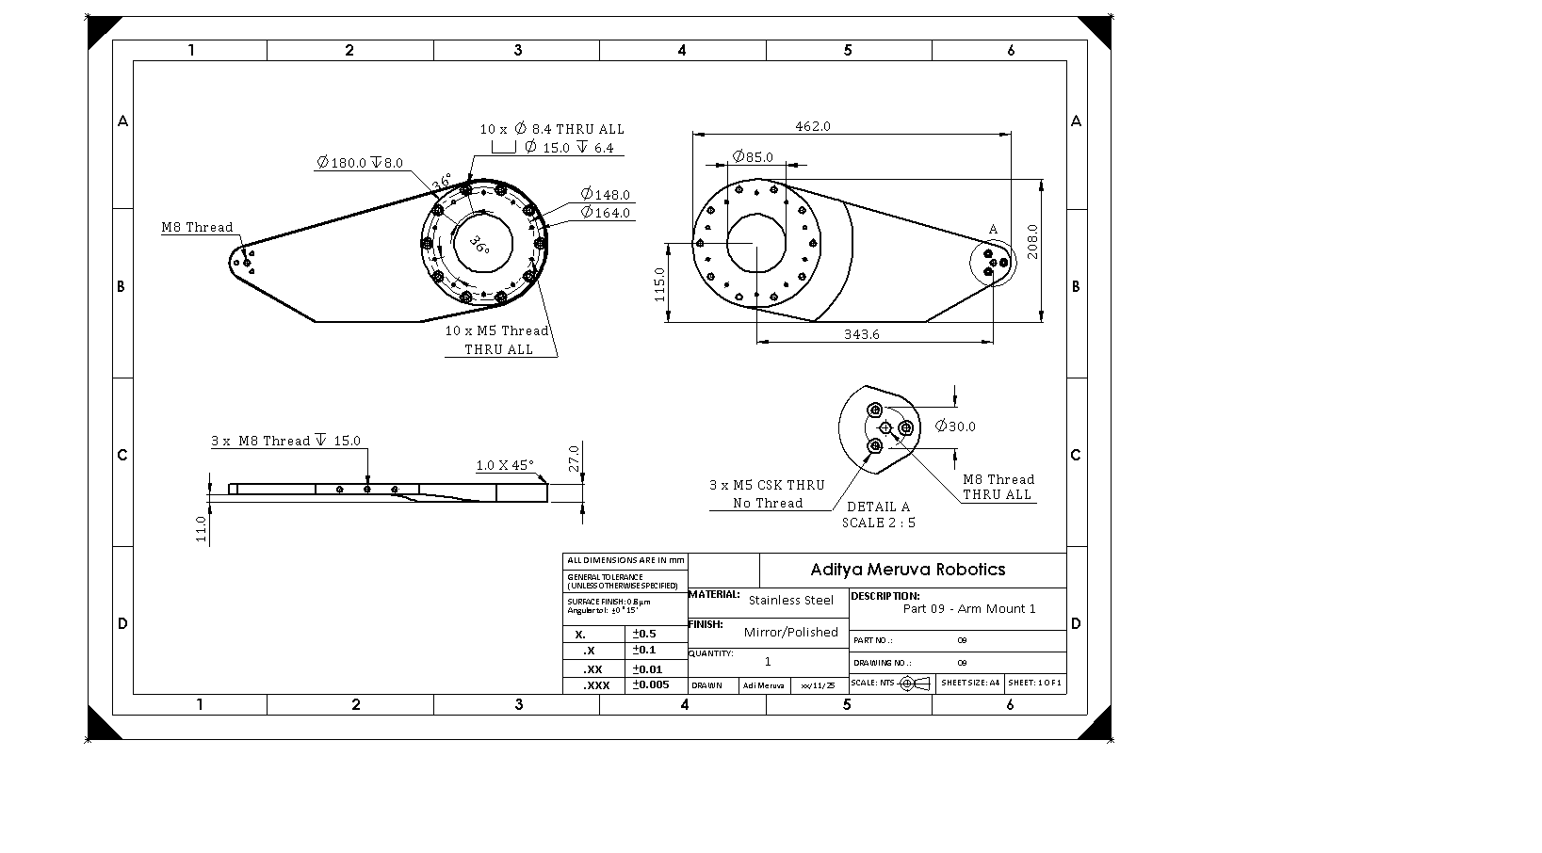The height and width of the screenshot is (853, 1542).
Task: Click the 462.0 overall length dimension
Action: point(813,126)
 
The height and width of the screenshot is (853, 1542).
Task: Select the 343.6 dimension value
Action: point(861,334)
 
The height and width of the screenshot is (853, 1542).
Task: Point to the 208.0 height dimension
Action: point(1032,241)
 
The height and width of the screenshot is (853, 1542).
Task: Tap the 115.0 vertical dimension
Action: point(659,284)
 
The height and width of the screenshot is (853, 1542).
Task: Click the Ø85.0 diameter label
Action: point(753,156)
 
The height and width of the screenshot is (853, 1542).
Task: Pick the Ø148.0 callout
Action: point(605,195)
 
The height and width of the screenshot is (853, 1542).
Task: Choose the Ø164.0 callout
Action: point(605,213)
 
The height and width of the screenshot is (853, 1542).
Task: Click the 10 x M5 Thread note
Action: point(496,331)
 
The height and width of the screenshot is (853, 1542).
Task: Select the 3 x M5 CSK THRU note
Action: point(767,485)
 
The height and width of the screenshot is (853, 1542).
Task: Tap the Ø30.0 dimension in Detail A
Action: point(955,426)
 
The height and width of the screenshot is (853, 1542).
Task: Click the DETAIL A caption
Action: point(878,507)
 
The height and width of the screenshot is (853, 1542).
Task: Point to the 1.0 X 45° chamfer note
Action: point(504,465)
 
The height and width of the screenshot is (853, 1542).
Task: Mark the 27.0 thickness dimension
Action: point(574,460)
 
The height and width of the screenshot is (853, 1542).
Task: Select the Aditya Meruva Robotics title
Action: point(907,570)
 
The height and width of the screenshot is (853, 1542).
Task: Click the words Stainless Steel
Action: point(790,600)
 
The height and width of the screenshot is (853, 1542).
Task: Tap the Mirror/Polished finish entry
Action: point(790,632)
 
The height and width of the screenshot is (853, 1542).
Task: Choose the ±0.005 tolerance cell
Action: point(651,684)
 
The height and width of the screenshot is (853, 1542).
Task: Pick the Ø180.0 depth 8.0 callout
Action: point(359,163)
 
